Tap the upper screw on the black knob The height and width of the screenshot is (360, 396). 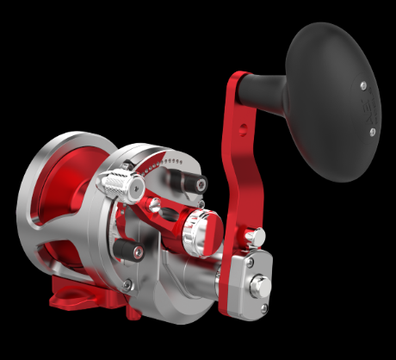[362, 84]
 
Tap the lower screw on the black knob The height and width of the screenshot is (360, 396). [372, 131]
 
